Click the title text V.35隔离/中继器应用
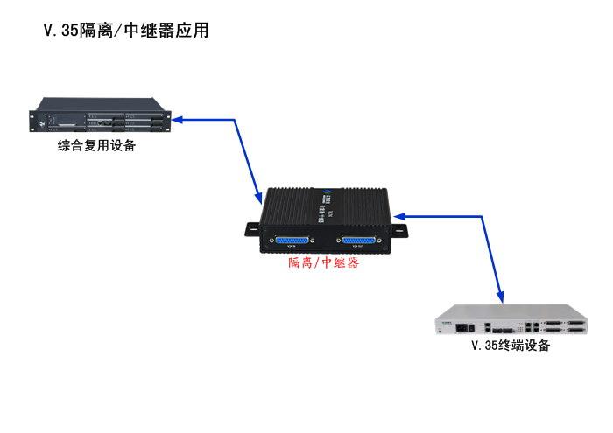126,31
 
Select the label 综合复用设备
97,145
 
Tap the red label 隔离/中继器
323,262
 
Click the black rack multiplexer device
102,121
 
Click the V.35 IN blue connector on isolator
292,242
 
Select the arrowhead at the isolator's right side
399,215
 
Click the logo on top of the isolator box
326,188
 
